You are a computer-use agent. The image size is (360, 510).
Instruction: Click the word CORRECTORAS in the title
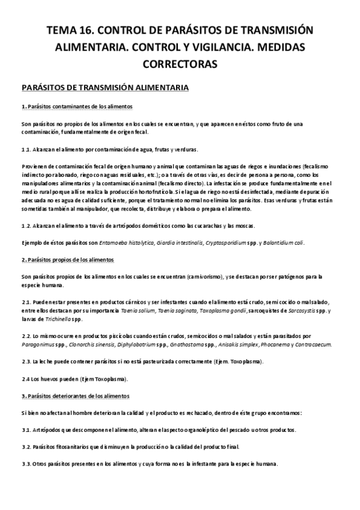tap(180, 63)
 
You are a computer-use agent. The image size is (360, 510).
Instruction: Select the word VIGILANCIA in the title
tap(225, 47)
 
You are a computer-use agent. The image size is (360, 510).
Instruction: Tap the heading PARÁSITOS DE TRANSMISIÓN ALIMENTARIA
tap(105, 88)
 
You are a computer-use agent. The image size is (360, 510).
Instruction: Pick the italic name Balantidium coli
tap(282, 242)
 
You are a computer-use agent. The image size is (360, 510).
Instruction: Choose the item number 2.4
tap(26, 379)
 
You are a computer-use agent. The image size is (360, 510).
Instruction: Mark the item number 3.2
tap(26, 447)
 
